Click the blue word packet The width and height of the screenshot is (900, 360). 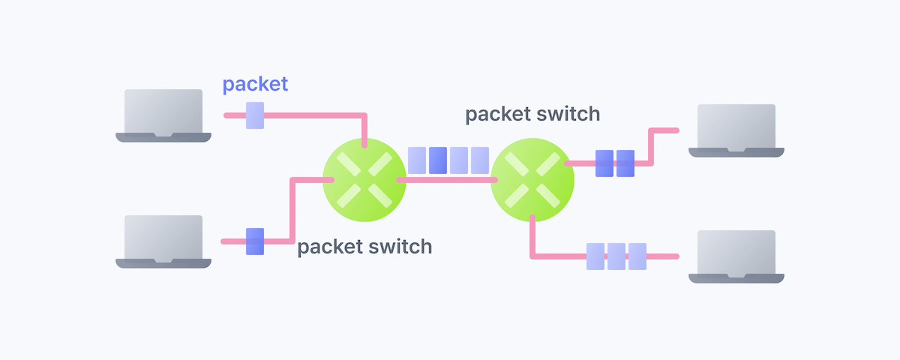(x=255, y=85)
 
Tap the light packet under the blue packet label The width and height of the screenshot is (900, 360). (x=255, y=115)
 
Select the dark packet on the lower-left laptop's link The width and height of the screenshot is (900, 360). (x=255, y=241)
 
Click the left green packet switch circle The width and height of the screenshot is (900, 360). (x=364, y=180)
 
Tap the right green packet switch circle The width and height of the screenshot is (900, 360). (x=532, y=180)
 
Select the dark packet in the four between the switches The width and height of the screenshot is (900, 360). (x=438, y=160)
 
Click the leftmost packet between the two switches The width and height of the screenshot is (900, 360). (x=417, y=160)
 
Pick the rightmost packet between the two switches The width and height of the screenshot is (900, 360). (x=480, y=160)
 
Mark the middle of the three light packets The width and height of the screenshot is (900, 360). (x=616, y=256)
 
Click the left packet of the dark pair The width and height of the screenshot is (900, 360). (x=604, y=163)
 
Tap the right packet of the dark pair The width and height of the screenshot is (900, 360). (x=625, y=163)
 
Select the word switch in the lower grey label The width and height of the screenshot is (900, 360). (x=399, y=247)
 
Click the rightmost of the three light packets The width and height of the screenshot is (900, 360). (x=637, y=256)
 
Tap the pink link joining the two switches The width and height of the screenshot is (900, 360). (x=448, y=180)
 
